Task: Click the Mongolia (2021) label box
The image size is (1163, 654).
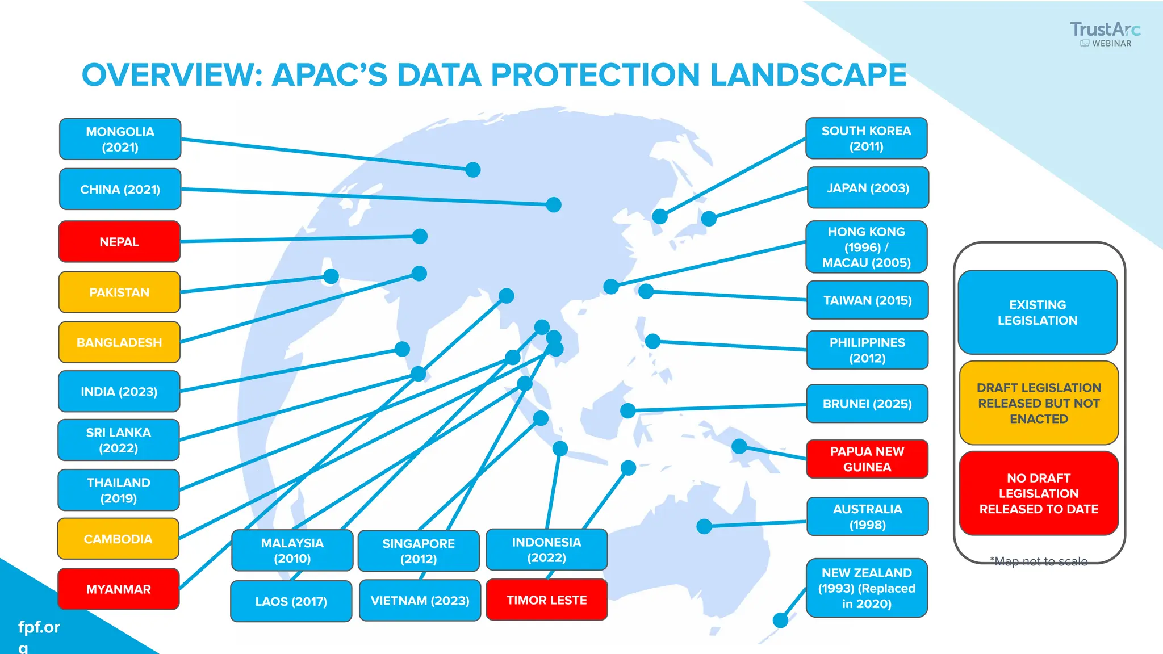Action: (120, 139)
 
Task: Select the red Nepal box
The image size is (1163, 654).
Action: (119, 242)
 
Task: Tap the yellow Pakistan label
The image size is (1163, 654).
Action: (119, 292)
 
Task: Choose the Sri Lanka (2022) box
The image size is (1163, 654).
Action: (119, 440)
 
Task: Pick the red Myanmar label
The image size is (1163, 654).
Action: (119, 589)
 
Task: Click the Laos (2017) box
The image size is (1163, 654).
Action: (291, 601)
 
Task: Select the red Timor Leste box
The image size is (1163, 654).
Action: (546, 600)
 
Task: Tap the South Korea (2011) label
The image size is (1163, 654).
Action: (866, 139)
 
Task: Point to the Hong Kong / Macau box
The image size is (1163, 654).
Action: (866, 247)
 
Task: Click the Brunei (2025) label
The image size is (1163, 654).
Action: (867, 404)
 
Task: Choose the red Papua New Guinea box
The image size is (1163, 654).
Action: (867, 459)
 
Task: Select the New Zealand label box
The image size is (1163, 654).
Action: (867, 588)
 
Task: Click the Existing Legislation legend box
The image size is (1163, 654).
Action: (1038, 312)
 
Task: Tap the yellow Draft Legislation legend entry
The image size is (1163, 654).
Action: (1039, 403)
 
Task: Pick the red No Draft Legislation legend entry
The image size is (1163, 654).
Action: (1039, 493)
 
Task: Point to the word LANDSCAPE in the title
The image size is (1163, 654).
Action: (808, 75)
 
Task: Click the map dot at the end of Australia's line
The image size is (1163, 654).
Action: (704, 526)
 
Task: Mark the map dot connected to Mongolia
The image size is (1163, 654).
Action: (473, 170)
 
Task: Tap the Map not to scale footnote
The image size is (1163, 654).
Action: (1039, 561)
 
